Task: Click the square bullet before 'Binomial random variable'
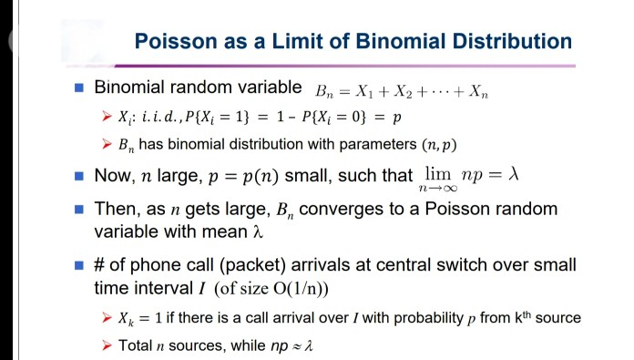(x=78, y=88)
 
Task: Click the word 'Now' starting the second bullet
(x=116, y=174)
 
